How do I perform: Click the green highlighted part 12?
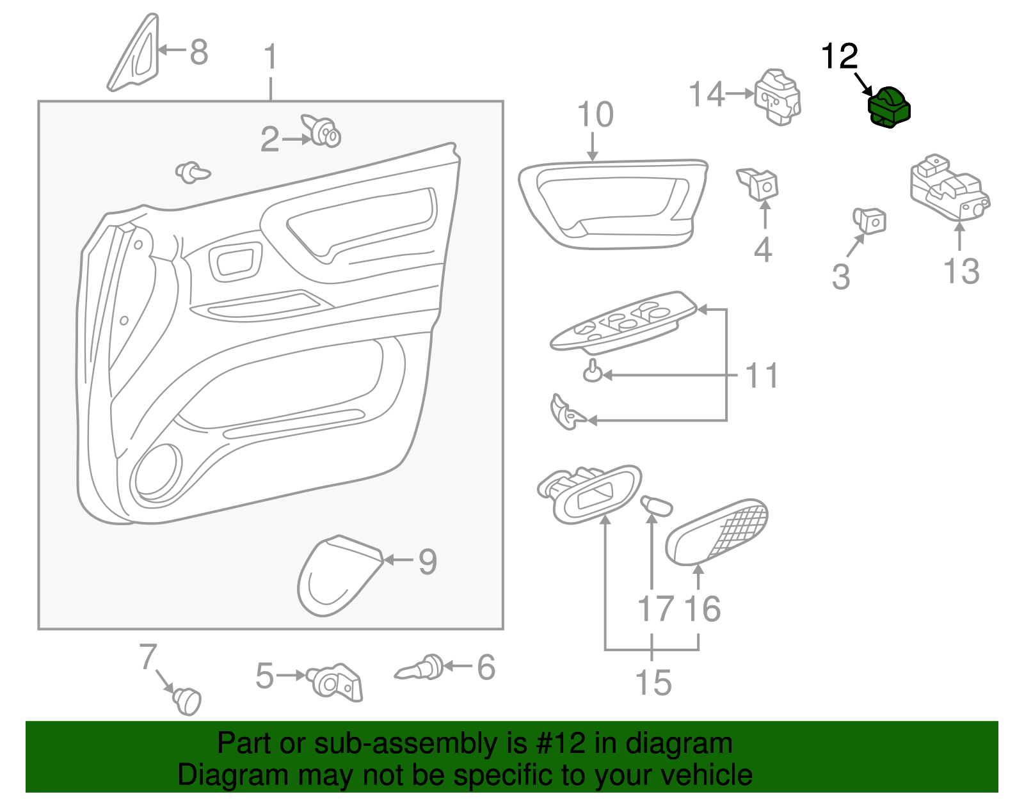tap(888, 107)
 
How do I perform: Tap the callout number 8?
tap(199, 52)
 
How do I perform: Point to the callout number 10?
tap(595, 115)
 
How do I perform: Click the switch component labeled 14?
tap(778, 97)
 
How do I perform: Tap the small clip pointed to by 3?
tap(870, 220)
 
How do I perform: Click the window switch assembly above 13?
tap(948, 187)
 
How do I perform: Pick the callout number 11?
tap(762, 376)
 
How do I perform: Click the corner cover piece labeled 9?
tap(336, 575)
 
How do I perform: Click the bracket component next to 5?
tap(336, 682)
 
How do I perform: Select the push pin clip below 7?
tap(187, 700)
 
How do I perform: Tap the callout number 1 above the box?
tap(271, 58)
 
